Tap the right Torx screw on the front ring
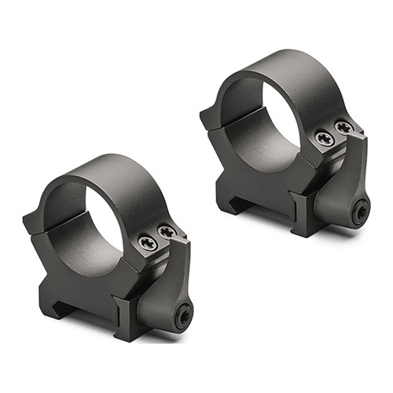pos(167,231)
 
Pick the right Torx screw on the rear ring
pos(343,127)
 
